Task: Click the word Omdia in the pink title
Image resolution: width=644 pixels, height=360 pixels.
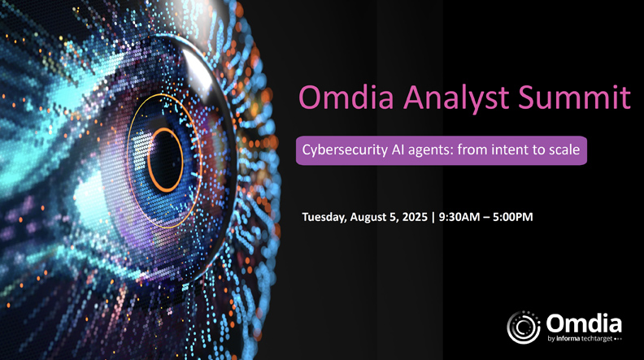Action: point(346,97)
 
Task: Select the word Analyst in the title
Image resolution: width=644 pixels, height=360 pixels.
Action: point(456,98)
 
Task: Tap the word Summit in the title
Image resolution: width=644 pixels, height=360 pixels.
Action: point(574,97)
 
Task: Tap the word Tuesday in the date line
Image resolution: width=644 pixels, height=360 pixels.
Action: point(324,217)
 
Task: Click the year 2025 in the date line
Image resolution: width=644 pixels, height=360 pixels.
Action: point(415,217)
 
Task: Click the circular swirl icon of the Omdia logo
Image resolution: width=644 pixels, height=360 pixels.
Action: point(524,327)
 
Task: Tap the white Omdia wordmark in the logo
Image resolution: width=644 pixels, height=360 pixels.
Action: point(584,324)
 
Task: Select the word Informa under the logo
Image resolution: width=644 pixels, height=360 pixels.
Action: point(568,339)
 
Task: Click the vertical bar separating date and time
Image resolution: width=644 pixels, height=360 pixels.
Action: point(433,217)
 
